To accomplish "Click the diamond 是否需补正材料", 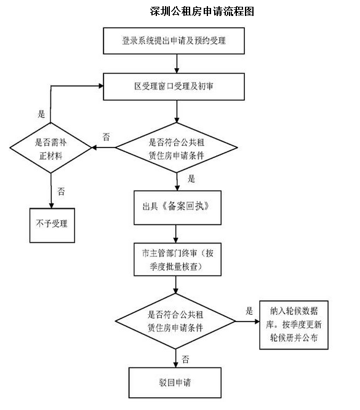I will [x=49, y=148].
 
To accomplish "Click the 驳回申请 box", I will [x=175, y=382].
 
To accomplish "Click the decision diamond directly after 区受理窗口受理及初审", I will [x=177, y=148].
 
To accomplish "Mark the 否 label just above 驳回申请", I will [x=185, y=358].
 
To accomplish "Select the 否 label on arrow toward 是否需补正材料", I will [x=106, y=137].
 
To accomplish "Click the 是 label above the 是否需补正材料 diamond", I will [x=42, y=114].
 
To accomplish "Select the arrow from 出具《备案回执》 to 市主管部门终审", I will [x=176, y=233].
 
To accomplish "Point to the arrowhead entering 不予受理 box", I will [x=49, y=204].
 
